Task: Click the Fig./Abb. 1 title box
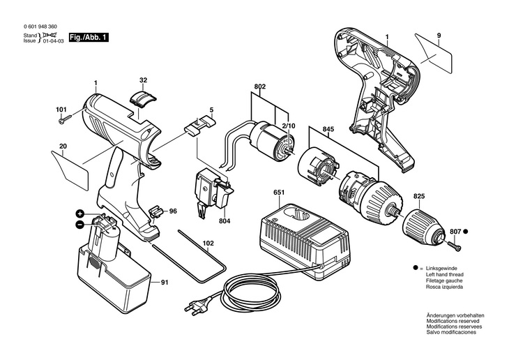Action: point(89,38)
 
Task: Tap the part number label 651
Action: point(279,193)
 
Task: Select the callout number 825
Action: point(419,196)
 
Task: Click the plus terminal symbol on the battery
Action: point(80,213)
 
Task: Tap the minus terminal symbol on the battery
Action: point(79,224)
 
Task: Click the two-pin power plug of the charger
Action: point(196,308)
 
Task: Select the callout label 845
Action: point(328,129)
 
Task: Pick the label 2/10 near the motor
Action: point(289,126)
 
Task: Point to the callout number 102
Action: point(208,243)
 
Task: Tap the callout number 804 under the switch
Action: point(225,221)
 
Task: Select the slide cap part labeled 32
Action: point(143,98)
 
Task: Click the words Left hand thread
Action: point(444,275)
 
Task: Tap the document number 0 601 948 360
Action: point(40,27)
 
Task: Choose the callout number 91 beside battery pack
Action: point(165,283)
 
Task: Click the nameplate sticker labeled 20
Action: point(70,170)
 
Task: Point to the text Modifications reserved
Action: point(453,321)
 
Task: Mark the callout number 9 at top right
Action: point(439,36)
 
